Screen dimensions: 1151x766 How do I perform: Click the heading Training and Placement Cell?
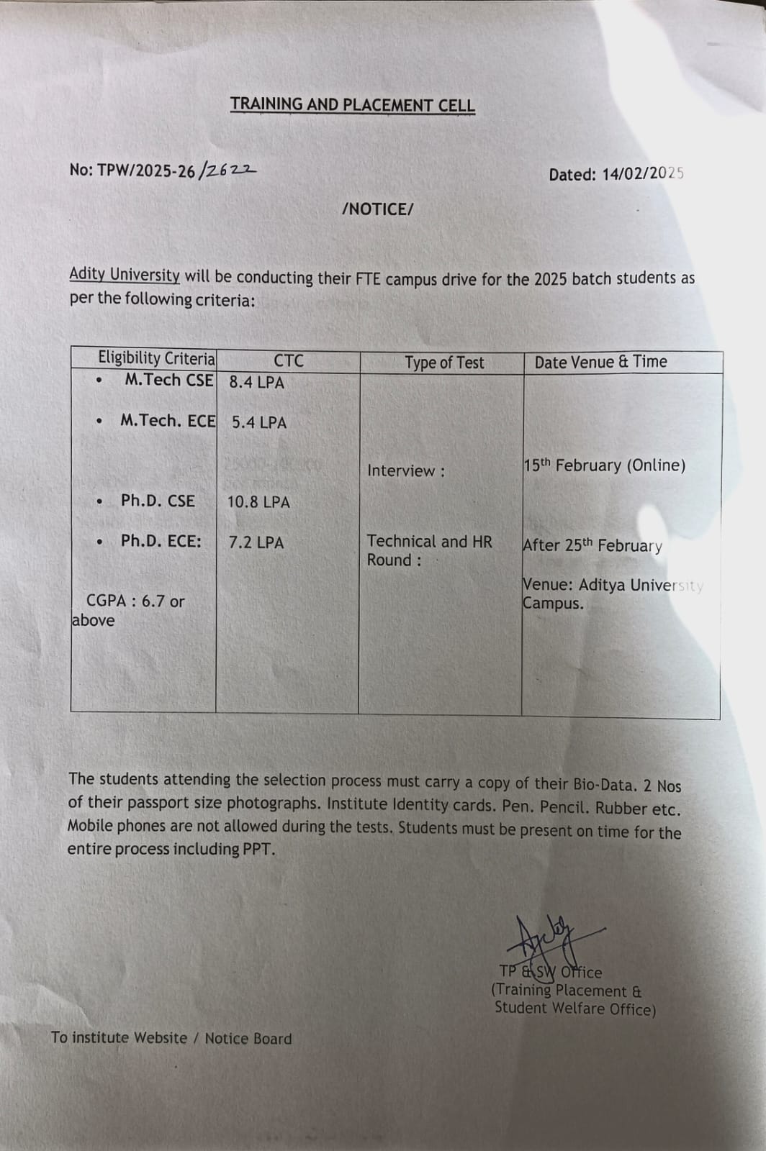pos(353,105)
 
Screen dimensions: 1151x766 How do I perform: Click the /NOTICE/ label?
pos(378,209)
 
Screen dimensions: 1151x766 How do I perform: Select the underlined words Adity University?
pos(125,275)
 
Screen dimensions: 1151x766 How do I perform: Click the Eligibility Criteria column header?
pos(156,358)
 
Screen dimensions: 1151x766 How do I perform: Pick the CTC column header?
pos(288,361)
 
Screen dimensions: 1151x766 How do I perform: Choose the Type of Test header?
pos(444,363)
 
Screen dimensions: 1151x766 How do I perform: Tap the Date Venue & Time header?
pos(600,362)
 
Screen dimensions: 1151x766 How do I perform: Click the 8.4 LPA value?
pos(256,383)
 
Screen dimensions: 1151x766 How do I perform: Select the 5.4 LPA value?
pos(258,423)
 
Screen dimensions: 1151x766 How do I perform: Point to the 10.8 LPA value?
pos(258,502)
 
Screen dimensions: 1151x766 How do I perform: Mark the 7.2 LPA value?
pos(256,542)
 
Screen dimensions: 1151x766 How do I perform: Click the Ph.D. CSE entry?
pos(158,501)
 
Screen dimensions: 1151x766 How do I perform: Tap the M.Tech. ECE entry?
pos(168,421)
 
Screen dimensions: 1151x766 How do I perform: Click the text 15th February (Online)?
pos(604,465)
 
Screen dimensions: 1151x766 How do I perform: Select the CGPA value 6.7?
pos(153,601)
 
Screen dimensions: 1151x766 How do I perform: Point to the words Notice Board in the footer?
pos(248,1039)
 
